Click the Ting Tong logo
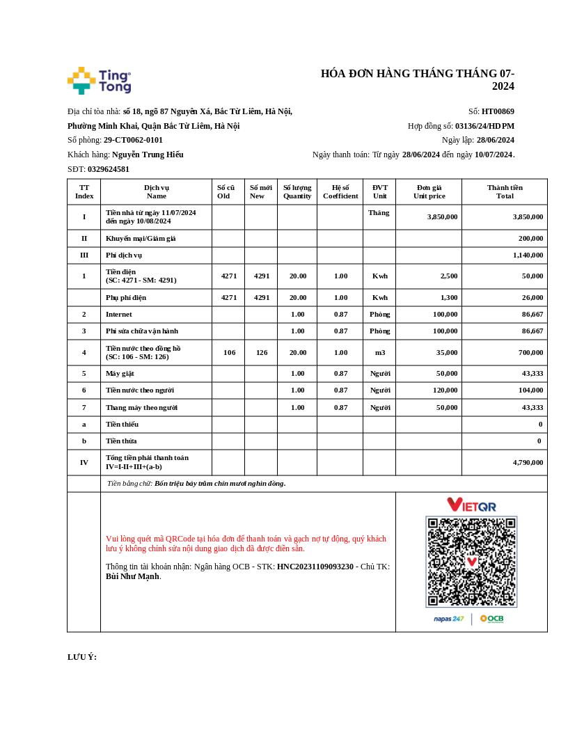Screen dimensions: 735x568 (99, 81)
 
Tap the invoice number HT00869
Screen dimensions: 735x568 (498, 111)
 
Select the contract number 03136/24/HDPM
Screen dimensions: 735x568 (484, 126)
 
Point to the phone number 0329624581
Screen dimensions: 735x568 (109, 169)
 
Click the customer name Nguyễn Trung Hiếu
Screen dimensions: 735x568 (148, 155)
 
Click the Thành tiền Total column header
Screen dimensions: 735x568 (505, 191)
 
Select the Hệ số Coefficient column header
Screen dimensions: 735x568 (340, 191)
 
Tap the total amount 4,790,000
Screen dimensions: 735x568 (528, 462)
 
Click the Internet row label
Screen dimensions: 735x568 (118, 315)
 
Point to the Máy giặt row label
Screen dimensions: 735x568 (120, 374)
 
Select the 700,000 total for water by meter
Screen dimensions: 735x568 (530, 353)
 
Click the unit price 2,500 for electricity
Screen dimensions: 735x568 (449, 276)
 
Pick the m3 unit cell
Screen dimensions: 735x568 (379, 353)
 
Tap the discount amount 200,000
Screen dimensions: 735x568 (530, 238)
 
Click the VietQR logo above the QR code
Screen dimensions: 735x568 (471, 505)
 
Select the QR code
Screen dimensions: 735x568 (471, 562)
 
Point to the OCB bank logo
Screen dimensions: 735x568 (491, 619)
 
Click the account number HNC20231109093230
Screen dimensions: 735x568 (315, 567)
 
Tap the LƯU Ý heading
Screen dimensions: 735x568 (82, 657)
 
